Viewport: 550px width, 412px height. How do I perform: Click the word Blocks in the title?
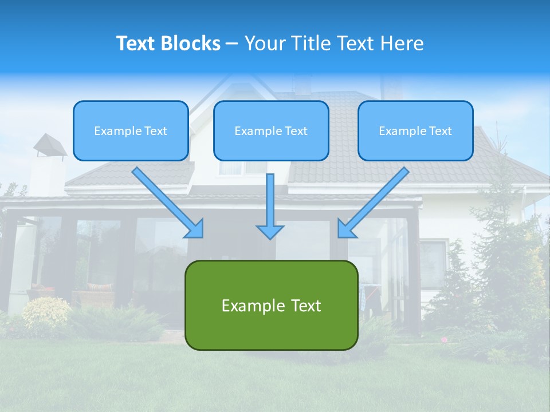click(x=191, y=43)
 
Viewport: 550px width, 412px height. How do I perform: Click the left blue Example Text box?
click(x=131, y=131)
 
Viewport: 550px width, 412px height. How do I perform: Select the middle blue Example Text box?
click(x=271, y=131)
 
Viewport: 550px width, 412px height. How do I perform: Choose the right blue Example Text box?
click(x=415, y=131)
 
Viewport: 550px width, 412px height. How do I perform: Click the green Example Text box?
click(x=271, y=306)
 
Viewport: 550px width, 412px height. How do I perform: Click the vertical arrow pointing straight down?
click(x=270, y=203)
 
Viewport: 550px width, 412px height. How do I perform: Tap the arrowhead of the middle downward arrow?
click(x=270, y=231)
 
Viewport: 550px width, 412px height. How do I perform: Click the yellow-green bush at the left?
click(x=46, y=312)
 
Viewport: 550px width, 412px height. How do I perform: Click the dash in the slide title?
click(x=232, y=43)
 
